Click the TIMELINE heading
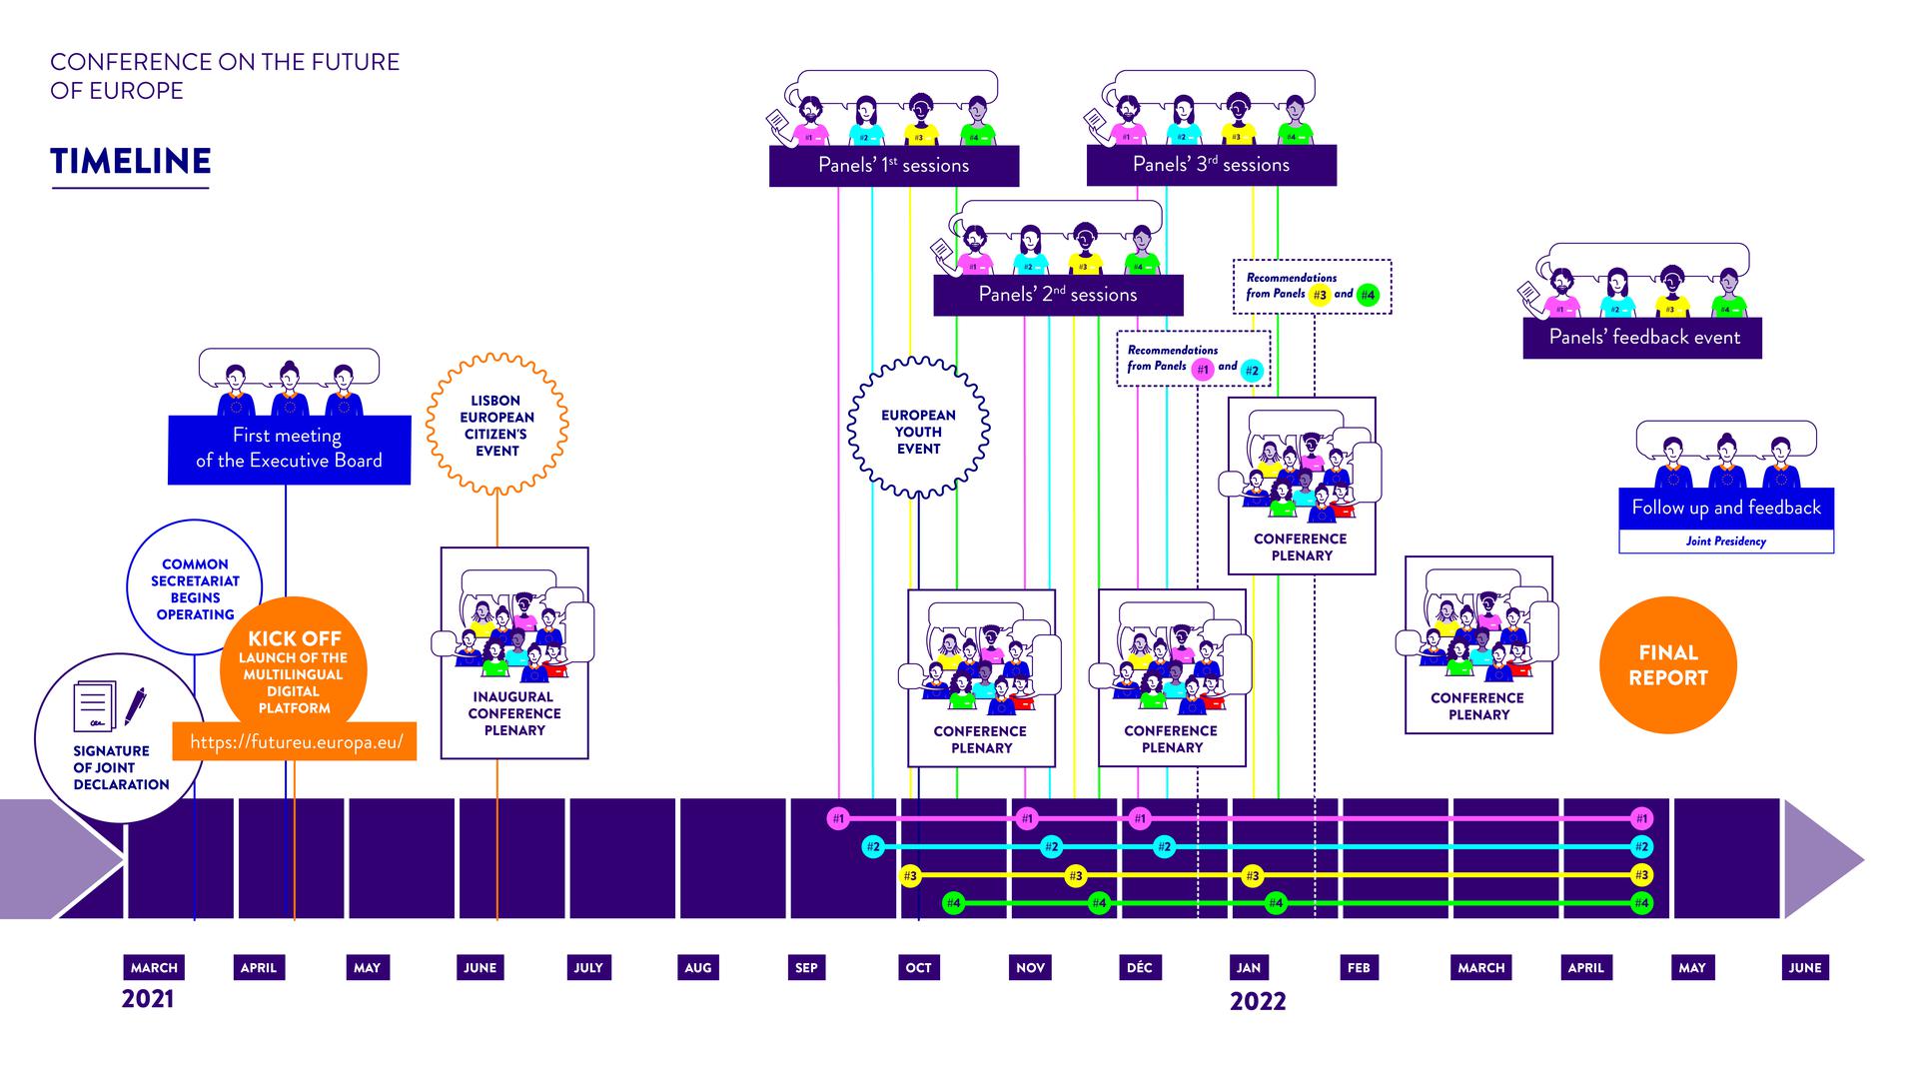(x=131, y=162)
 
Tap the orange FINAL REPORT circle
(x=1667, y=665)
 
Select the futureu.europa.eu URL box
(x=295, y=742)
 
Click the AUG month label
(x=697, y=967)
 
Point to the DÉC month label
(x=1139, y=967)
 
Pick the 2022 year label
(x=1258, y=1001)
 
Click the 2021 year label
(x=148, y=999)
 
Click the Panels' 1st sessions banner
(x=893, y=166)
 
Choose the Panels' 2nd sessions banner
(x=1058, y=295)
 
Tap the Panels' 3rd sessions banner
(x=1211, y=165)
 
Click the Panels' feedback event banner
(x=1643, y=338)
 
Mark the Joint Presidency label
(x=1725, y=541)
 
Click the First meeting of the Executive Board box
(x=289, y=449)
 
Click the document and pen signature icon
(x=109, y=706)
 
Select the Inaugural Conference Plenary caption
(x=514, y=713)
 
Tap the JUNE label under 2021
(x=479, y=967)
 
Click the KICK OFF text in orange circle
(x=295, y=638)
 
